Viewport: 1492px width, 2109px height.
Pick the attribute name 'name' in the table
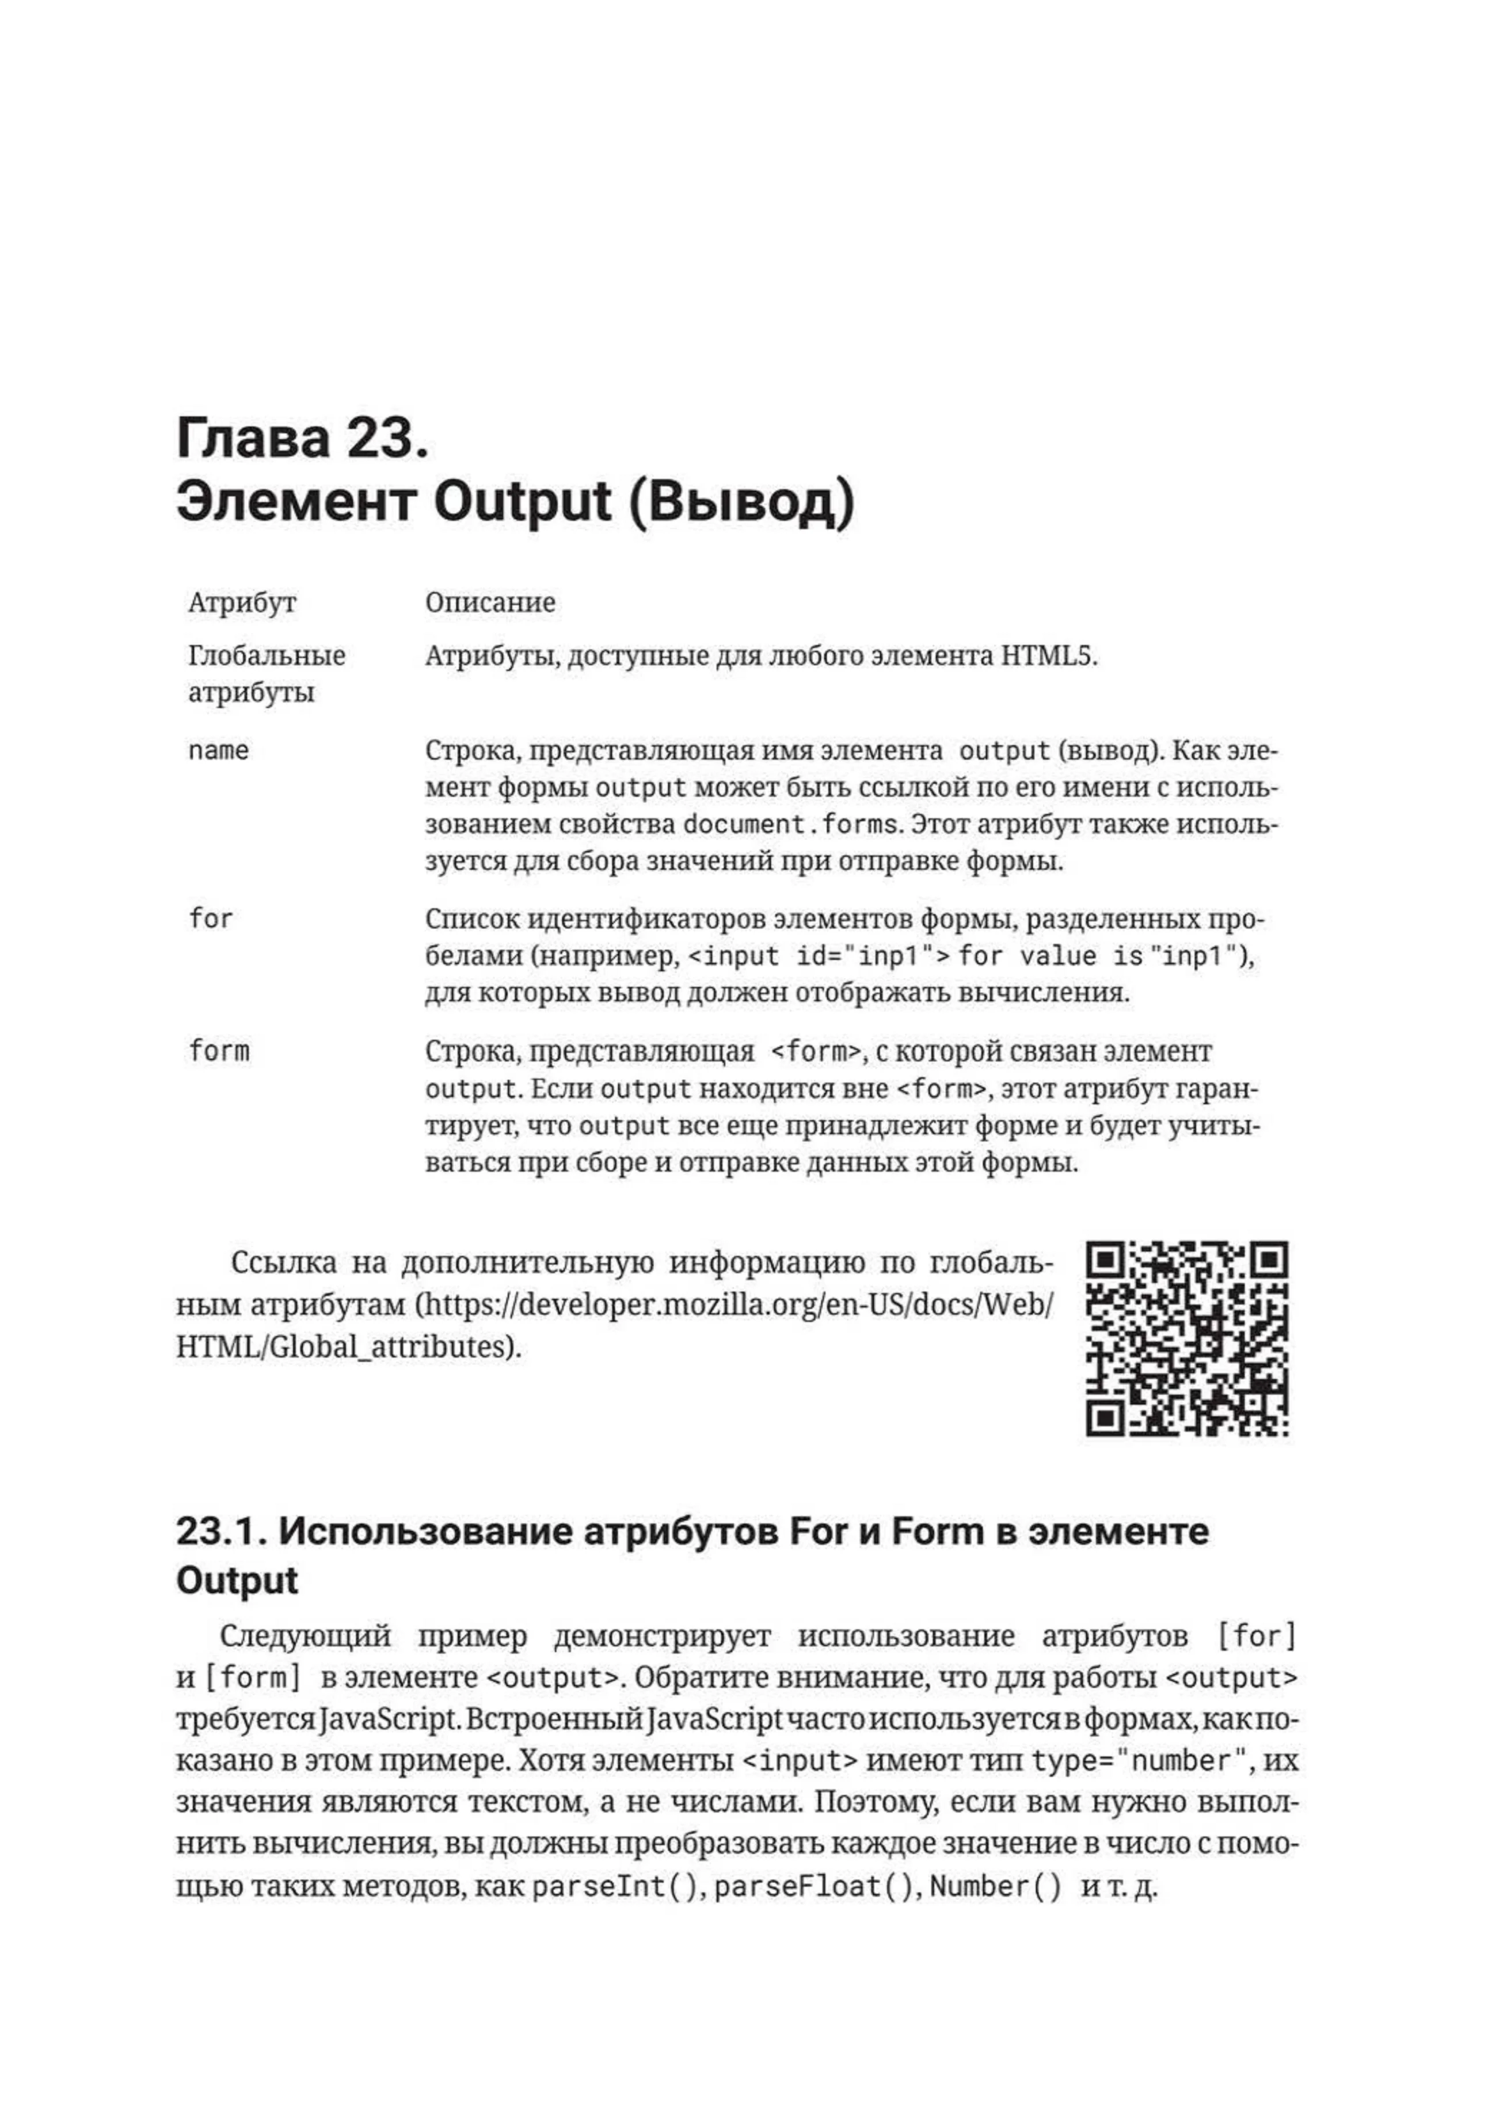219,752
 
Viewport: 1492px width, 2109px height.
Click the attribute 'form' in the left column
219,1051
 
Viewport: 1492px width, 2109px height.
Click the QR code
1187,1338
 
